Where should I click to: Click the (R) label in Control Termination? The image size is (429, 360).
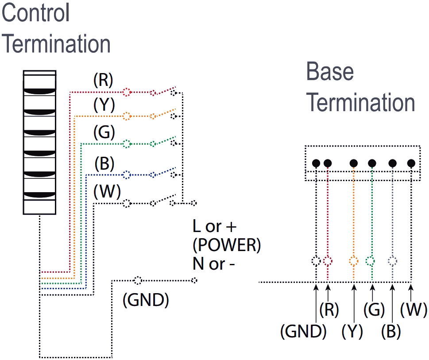[103, 80]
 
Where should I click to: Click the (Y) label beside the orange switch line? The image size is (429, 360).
[104, 105]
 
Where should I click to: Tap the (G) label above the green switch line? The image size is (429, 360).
[104, 132]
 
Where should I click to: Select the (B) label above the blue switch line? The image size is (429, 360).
[104, 165]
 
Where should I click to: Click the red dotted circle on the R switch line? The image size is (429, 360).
[127, 93]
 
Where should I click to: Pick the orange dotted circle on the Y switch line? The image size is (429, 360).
[127, 116]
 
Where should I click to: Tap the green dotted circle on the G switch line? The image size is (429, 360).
[127, 144]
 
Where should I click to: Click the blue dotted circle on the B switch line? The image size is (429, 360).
[127, 174]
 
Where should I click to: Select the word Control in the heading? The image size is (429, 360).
[36, 13]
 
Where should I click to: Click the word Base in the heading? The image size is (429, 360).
[330, 72]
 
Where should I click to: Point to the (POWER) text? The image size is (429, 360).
[226, 246]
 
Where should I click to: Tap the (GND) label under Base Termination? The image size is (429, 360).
[303, 331]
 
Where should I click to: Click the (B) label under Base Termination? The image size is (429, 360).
[391, 331]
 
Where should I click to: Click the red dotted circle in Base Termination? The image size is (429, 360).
[328, 260]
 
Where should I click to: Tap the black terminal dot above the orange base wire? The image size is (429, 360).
[354, 163]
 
